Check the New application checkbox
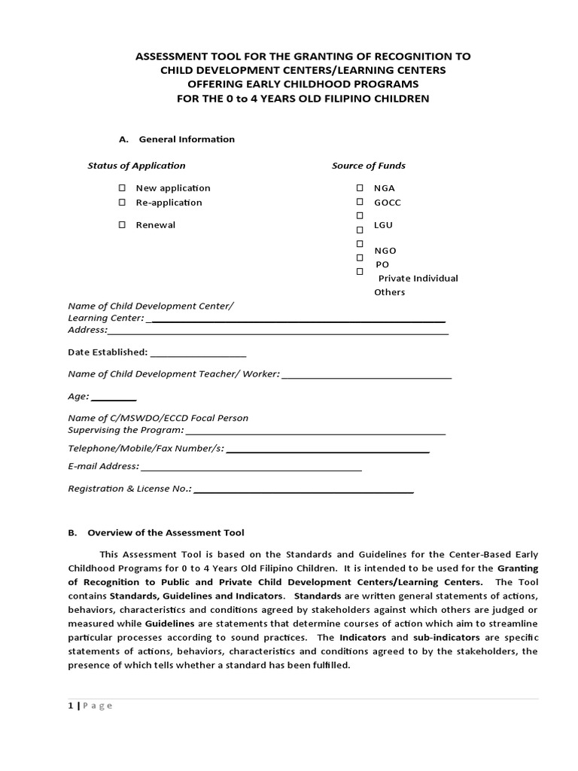[121, 188]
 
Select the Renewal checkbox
[121, 225]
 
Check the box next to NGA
[360, 188]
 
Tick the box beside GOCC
[360, 203]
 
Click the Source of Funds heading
[369, 166]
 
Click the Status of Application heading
[136, 166]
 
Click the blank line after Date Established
[199, 353]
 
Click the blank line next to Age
[114, 398]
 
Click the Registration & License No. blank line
[304, 489]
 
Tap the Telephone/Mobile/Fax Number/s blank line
[327, 450]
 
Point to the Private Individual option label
[418, 279]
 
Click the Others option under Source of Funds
[390, 292]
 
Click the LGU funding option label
[384, 225]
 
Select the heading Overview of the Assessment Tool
[166, 532]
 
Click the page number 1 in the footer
[71, 705]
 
